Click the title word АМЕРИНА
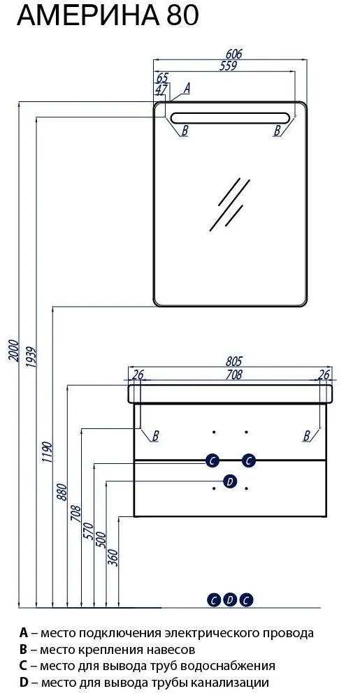89,17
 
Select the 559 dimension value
228,66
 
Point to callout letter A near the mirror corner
187,88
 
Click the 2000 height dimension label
14,351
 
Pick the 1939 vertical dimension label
31,357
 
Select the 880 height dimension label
62,493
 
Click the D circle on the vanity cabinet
230,481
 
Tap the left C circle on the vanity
212,460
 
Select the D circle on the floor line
230,600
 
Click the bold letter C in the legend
24,665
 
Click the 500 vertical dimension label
101,540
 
